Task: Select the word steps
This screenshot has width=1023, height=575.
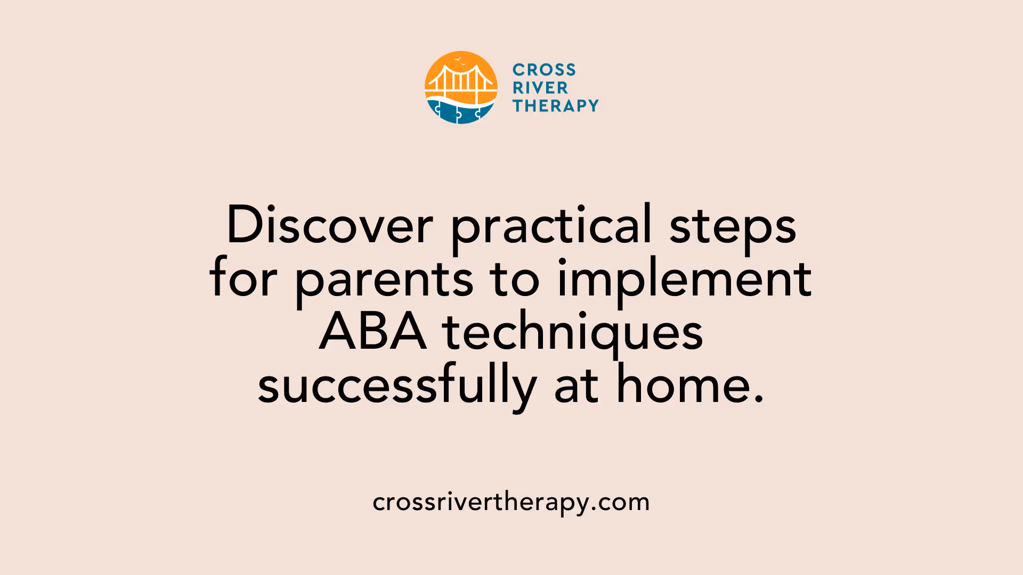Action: pos(732,226)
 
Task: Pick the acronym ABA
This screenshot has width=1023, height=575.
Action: pos(373,332)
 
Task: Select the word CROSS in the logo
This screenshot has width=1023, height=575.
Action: pos(544,70)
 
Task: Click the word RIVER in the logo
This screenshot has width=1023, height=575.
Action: pos(540,88)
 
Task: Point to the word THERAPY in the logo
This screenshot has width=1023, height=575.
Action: pos(555,106)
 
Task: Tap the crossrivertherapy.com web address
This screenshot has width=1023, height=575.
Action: pos(511,503)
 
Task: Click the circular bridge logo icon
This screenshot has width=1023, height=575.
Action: pos(461,87)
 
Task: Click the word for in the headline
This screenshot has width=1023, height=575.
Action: pos(243,279)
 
